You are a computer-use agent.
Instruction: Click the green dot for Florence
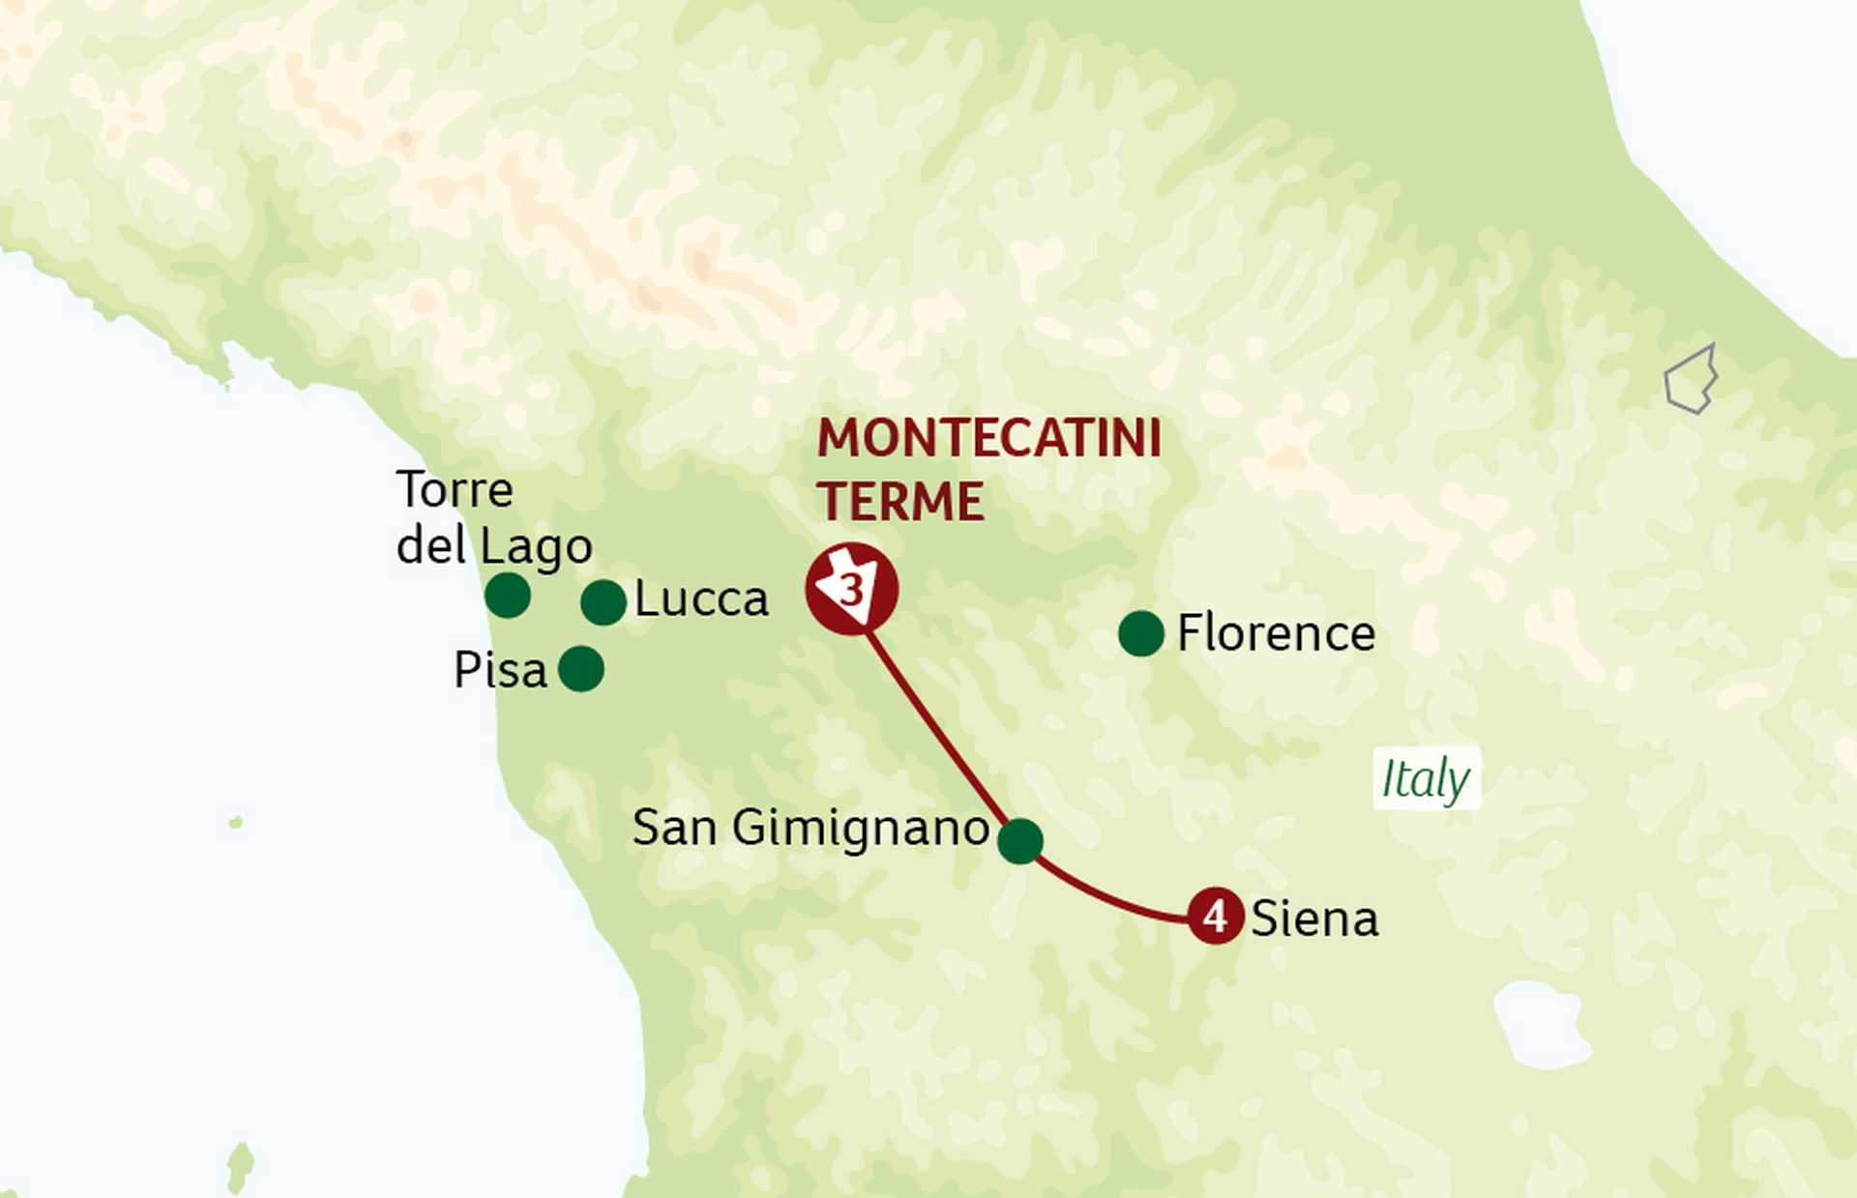1140,633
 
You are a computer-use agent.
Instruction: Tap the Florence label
1276,634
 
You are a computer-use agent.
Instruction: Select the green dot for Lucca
604,602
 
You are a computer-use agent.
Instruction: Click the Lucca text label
701,600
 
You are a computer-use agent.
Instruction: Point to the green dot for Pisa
581,668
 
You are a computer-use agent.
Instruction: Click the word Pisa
500,670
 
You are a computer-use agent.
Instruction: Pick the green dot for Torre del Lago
507,595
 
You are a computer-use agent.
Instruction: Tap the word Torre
455,490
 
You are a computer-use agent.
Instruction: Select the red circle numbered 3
851,589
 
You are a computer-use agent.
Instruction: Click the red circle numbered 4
1215,915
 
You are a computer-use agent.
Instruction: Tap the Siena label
1313,919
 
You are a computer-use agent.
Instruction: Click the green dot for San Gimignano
1019,840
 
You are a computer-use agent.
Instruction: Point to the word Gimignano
860,829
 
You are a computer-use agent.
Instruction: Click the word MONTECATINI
988,439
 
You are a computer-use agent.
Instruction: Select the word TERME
899,502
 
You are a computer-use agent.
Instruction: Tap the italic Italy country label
1425,778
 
